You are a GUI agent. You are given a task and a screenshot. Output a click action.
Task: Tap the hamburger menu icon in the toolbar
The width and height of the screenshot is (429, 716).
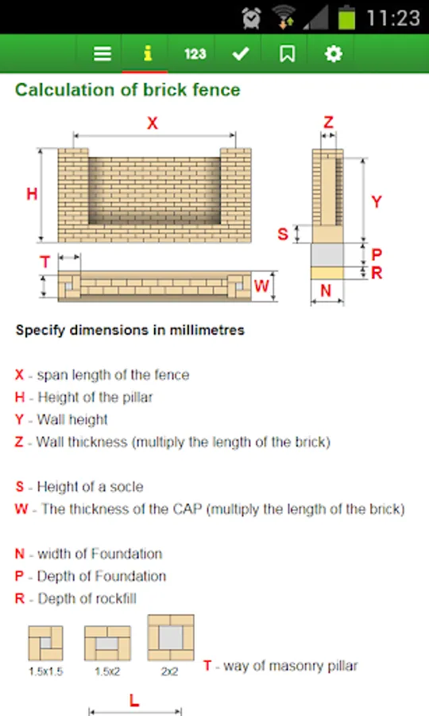[x=102, y=54]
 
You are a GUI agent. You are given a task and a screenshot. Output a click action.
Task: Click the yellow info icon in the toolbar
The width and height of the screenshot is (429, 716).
[x=147, y=53]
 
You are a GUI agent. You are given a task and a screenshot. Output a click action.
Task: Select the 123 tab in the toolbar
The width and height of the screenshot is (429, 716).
[x=195, y=54]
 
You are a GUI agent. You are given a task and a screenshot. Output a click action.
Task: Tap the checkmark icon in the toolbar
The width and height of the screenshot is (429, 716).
[x=240, y=54]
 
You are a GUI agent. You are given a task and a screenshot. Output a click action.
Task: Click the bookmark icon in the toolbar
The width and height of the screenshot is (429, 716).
[x=287, y=54]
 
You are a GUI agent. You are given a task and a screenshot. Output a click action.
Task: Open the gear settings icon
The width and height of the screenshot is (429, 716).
[x=333, y=54]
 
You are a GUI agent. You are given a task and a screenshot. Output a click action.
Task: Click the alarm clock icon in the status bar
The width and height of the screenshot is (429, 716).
[x=251, y=18]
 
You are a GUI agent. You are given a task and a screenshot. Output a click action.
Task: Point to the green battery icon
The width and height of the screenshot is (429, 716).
[x=346, y=18]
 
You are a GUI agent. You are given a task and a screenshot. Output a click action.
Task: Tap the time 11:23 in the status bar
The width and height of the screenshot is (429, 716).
[x=393, y=18]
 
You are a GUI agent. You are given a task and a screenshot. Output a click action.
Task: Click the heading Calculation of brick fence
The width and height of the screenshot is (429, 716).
[x=128, y=89]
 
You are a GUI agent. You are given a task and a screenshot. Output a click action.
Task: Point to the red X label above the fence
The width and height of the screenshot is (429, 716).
[x=153, y=123]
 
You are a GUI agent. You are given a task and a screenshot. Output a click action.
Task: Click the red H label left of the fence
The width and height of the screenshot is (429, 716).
[x=32, y=194]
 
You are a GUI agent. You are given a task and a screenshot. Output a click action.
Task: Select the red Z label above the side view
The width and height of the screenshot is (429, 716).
[x=328, y=122]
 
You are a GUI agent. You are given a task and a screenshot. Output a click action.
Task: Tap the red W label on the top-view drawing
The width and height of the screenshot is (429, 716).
[x=261, y=286]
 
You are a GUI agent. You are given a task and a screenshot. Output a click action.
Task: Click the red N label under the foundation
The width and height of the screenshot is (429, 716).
[x=326, y=290]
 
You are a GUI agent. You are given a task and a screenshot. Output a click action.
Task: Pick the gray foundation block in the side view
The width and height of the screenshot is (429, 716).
[x=327, y=255]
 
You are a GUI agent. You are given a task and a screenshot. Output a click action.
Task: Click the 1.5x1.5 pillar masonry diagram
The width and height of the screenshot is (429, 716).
[x=45, y=643]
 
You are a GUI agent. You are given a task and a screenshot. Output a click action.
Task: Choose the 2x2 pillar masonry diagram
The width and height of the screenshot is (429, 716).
[x=171, y=637]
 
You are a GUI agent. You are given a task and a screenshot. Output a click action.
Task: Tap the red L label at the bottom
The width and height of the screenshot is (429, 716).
[x=134, y=700]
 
